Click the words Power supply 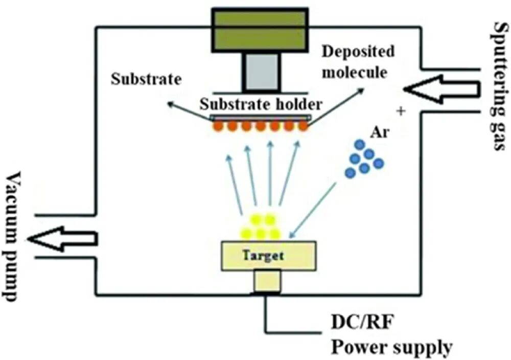click(392, 347)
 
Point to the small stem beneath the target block click(267, 281)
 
